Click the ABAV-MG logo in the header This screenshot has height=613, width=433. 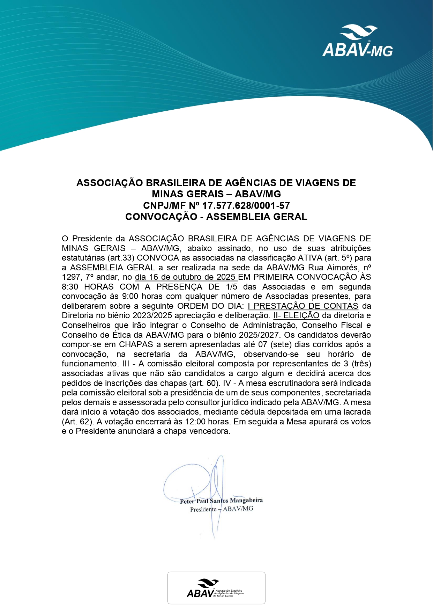[358, 41]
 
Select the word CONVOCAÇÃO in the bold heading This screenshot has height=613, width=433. [161, 217]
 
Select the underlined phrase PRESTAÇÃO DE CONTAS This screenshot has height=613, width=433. [306, 306]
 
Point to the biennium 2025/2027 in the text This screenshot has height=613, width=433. [259, 335]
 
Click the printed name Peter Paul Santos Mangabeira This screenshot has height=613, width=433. [221, 501]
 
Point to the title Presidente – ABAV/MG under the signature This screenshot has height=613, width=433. [222, 509]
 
